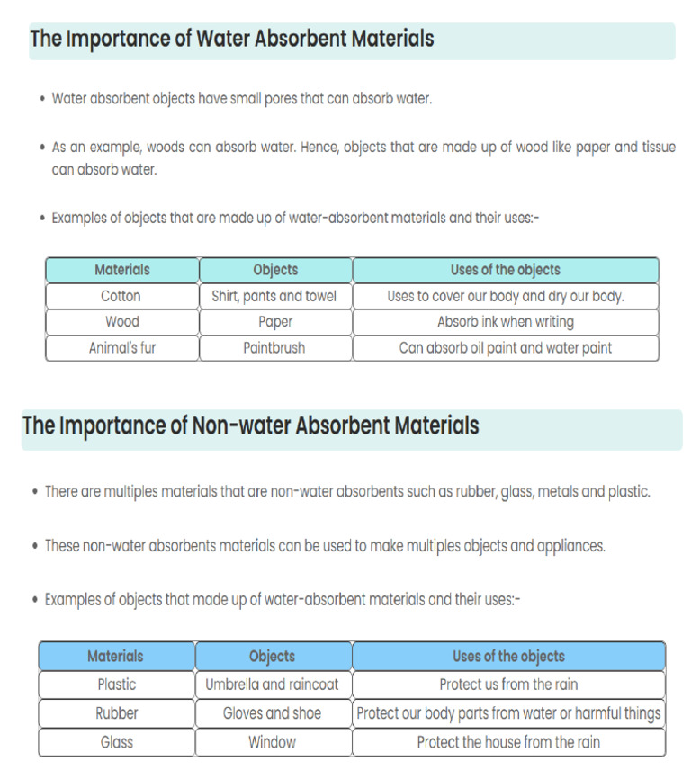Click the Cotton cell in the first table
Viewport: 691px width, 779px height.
point(121,296)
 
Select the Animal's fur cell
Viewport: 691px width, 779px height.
point(121,347)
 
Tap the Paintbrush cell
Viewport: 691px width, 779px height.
point(274,347)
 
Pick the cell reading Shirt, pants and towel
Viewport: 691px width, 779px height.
point(274,296)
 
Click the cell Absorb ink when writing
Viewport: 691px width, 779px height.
point(505,321)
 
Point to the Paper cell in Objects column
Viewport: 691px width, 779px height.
point(274,321)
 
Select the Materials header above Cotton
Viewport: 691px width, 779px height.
point(121,270)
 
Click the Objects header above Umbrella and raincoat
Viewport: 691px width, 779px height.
point(272,657)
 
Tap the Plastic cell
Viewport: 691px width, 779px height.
point(116,685)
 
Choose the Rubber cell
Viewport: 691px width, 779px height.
point(116,713)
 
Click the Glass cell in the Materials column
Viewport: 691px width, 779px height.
point(116,742)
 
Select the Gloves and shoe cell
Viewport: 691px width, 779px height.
point(272,713)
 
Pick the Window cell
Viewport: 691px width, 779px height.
point(272,742)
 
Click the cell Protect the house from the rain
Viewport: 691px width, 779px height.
point(508,742)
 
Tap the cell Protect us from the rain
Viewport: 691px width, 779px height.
point(508,685)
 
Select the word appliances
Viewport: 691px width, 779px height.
point(571,546)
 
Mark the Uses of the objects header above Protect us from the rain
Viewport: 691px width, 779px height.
point(508,657)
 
